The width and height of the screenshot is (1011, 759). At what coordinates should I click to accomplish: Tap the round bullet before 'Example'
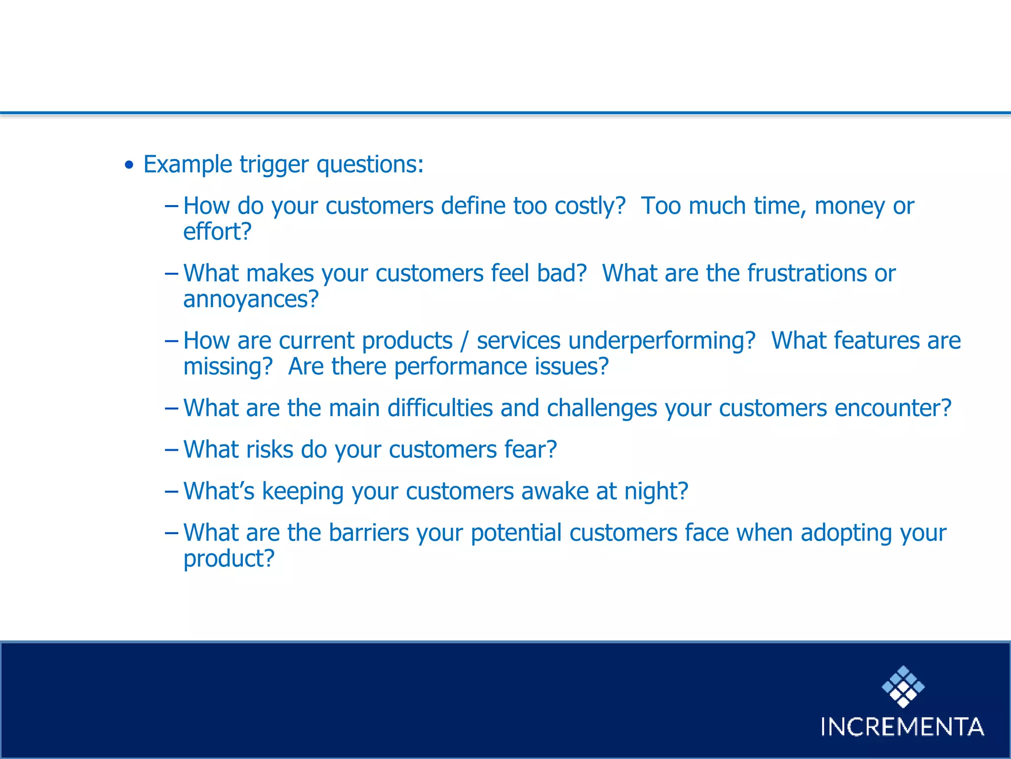pyautogui.click(x=129, y=166)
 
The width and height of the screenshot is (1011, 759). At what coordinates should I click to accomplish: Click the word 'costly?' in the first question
pyautogui.click(x=590, y=206)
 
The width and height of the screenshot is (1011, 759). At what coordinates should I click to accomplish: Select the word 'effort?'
pyautogui.click(x=217, y=232)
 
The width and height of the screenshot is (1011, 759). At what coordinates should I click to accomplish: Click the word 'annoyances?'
pyautogui.click(x=251, y=299)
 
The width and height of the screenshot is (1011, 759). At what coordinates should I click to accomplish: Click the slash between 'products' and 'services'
pyautogui.click(x=464, y=341)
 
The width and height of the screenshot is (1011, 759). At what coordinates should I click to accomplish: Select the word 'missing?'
pyautogui.click(x=228, y=367)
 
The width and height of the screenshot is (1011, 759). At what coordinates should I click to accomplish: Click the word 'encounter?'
pyautogui.click(x=893, y=408)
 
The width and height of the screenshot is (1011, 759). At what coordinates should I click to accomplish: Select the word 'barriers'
pyautogui.click(x=369, y=533)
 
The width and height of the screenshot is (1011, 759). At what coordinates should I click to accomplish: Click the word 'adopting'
pyautogui.click(x=846, y=533)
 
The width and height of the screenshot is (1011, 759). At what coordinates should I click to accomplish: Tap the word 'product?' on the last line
pyautogui.click(x=229, y=559)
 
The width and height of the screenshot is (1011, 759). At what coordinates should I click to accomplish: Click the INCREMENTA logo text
pyautogui.click(x=902, y=727)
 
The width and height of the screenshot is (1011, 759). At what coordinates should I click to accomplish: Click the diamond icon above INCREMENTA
pyautogui.click(x=903, y=686)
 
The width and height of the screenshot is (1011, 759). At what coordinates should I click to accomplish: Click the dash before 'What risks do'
pyautogui.click(x=171, y=450)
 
